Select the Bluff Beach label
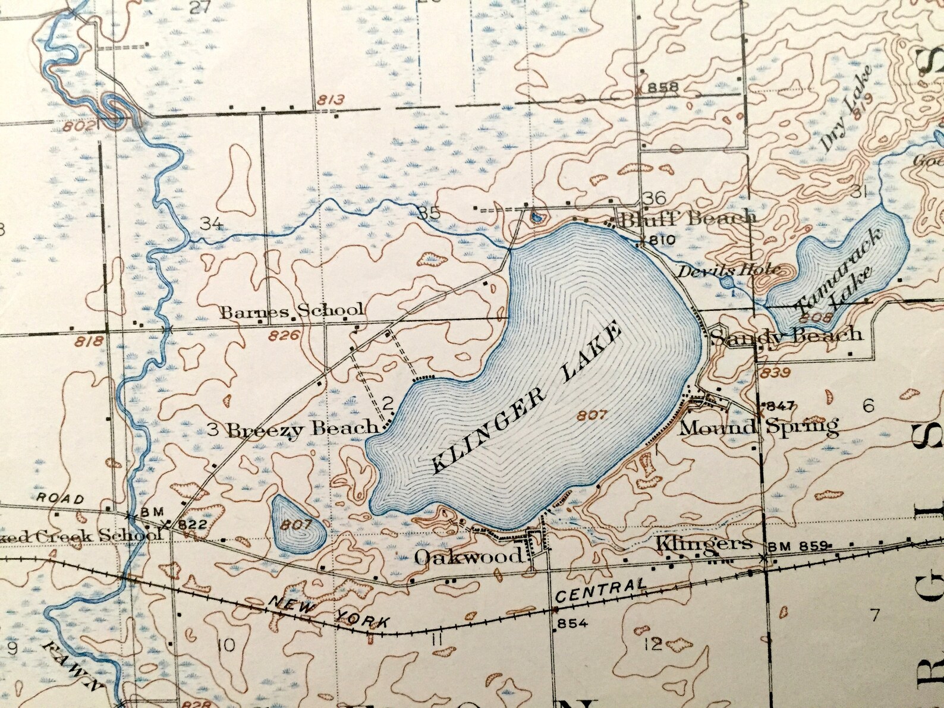(688, 218)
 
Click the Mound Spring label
(759, 426)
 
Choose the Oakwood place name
(468, 556)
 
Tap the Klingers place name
(704, 543)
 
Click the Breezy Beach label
(303, 428)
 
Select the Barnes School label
(292, 311)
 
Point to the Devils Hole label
(729, 270)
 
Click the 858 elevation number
(663, 87)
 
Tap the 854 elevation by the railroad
(571, 622)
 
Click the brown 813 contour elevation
(331, 99)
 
